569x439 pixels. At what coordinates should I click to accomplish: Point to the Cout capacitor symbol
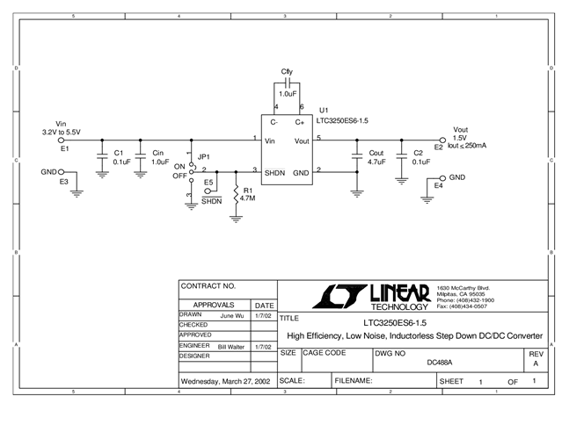pos(357,156)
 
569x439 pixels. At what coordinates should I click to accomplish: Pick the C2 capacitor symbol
pos(400,156)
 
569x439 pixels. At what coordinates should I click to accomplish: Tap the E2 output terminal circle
pos(442,140)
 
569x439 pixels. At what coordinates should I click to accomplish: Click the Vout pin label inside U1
pos(302,140)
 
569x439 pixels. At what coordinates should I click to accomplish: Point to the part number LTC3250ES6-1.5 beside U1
pos(344,121)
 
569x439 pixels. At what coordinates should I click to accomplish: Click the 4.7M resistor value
pos(249,198)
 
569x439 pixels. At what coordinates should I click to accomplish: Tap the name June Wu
pos(231,314)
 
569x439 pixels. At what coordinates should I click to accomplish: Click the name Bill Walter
pos(233,348)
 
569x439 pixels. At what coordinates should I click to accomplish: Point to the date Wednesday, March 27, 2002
pos(225,382)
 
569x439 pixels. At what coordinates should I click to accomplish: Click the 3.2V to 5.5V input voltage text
pos(62,132)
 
